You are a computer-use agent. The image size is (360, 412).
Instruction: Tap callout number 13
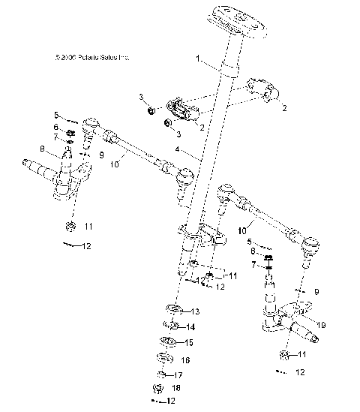point(194,311)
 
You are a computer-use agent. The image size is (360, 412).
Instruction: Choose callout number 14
point(190,326)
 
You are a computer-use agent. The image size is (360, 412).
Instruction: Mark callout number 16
point(185,360)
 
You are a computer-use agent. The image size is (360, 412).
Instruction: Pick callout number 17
point(178,374)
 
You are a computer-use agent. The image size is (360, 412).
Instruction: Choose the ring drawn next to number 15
point(168,343)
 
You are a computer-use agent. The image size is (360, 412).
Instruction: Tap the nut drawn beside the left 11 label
point(68,226)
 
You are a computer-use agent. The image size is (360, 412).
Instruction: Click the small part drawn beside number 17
point(161,374)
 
